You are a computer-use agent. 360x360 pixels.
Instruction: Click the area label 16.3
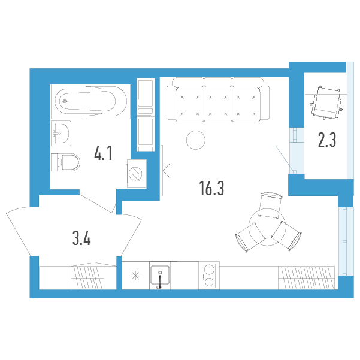point(211,188)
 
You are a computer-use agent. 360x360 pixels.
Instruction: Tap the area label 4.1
point(103,153)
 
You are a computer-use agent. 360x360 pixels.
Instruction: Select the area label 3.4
point(81,238)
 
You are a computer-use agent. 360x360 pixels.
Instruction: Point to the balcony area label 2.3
point(327,140)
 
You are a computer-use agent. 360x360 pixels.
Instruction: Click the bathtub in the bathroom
point(90,101)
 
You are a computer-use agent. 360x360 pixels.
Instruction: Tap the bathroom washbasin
point(61,133)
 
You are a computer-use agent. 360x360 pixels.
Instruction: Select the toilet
point(66,162)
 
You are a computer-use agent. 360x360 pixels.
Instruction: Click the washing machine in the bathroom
point(137,174)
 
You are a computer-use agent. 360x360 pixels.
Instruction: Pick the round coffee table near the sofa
point(196,140)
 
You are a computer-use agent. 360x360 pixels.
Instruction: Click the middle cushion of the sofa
point(218,104)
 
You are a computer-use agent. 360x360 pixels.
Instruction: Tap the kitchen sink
point(160,276)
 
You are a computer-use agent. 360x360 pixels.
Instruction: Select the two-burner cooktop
point(209,276)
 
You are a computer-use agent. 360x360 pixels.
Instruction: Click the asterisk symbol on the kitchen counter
point(135,276)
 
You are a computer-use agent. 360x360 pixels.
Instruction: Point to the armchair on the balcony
point(326,102)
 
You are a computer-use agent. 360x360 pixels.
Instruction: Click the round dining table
point(267,227)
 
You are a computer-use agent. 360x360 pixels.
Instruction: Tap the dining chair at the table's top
point(270,205)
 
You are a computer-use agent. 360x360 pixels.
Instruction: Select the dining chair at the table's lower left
point(250,237)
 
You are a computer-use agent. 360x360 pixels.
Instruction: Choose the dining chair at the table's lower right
point(286,235)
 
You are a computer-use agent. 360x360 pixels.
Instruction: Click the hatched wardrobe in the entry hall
point(87,277)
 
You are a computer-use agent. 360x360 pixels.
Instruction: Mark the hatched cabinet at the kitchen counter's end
point(306,277)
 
